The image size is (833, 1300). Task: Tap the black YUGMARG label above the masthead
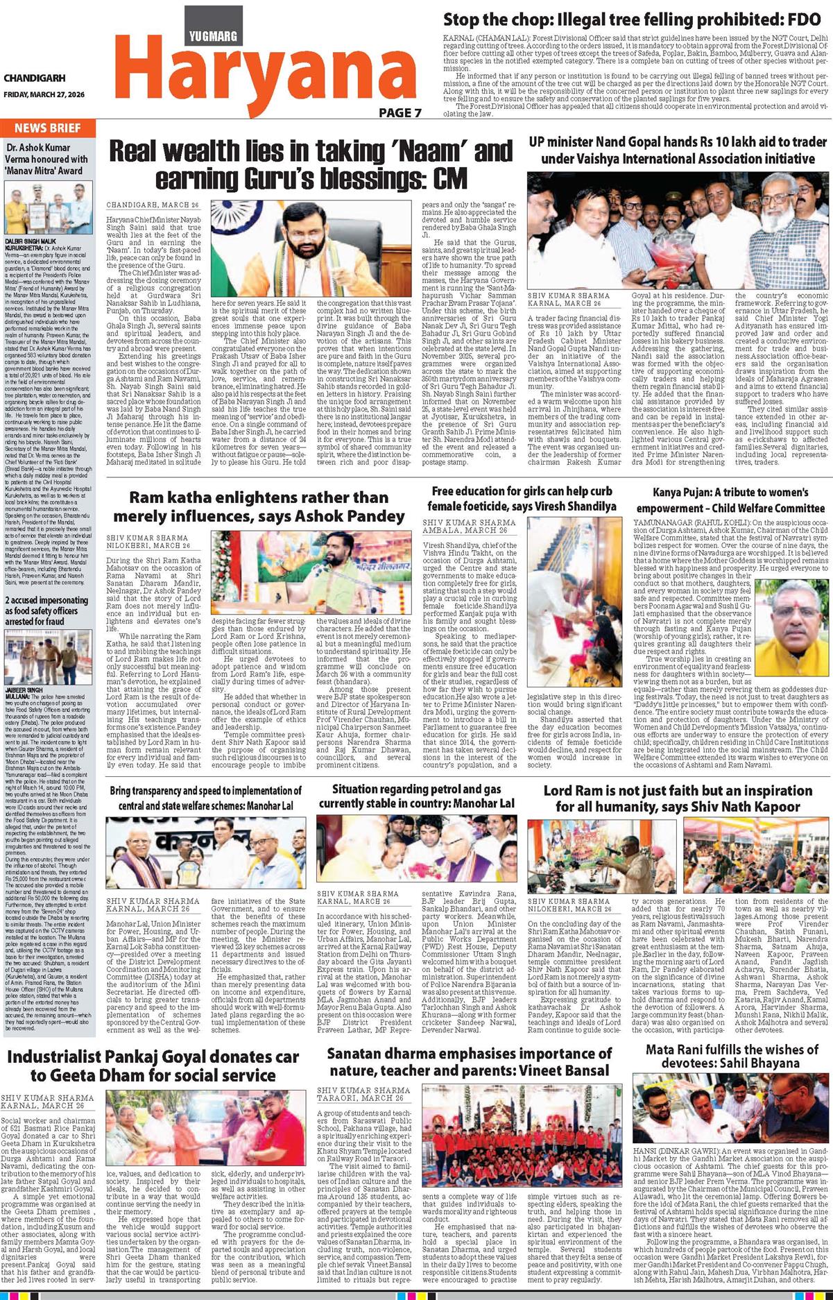[x=214, y=36]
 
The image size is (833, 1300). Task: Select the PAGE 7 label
[x=400, y=112]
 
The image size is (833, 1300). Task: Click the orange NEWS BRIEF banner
[x=48, y=128]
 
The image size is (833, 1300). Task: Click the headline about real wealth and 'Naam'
[x=311, y=164]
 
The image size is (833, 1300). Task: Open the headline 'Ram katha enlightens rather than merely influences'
[x=259, y=506]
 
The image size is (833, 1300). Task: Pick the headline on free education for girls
[x=524, y=498]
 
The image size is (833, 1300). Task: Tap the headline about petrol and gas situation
[x=416, y=796]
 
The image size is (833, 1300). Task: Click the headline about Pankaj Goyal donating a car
[x=153, y=1066]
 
